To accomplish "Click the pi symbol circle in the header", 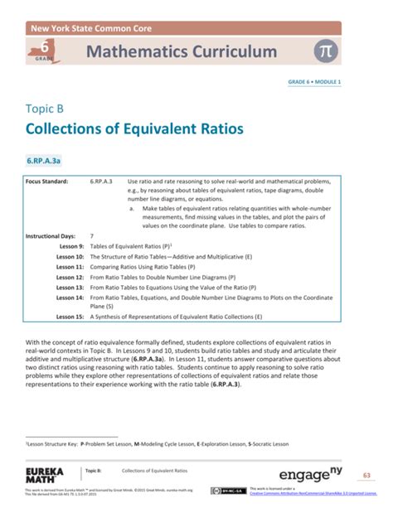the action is [325, 51].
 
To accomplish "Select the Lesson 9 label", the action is [72, 246].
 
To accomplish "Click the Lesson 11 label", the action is [70, 267].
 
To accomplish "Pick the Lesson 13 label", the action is [70, 287].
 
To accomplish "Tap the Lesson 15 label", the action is [70, 317].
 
